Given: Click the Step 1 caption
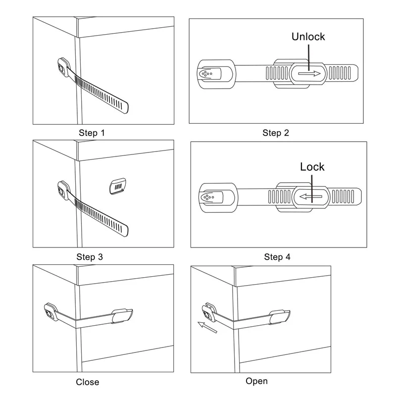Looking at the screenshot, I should click(x=92, y=133).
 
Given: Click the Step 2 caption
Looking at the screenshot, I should click(x=276, y=133).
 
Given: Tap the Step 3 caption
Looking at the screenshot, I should click(x=90, y=257).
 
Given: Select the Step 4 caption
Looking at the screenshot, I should click(x=277, y=257).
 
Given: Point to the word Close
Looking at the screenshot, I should click(x=88, y=382).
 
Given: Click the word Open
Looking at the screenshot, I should click(x=256, y=381).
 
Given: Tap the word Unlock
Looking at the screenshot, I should click(x=308, y=36).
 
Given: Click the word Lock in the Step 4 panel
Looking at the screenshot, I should click(x=312, y=166).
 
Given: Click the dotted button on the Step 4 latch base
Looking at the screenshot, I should click(x=206, y=197).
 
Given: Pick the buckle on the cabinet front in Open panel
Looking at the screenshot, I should click(x=279, y=315).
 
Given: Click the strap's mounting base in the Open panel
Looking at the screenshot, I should click(x=206, y=312).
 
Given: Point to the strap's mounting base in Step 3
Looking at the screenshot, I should click(x=63, y=189).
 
